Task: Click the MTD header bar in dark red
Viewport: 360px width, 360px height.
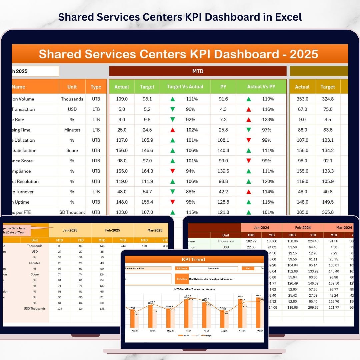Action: (x=198, y=71)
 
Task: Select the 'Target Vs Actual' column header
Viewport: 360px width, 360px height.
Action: (x=185, y=87)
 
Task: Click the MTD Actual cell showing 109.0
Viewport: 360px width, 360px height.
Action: (x=122, y=99)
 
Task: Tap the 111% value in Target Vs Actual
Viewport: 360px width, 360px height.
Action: (x=192, y=99)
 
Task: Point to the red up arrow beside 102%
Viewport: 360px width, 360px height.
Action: (x=172, y=130)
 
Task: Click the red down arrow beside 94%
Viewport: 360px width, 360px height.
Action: (x=172, y=171)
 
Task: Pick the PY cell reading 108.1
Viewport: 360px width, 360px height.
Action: (x=223, y=140)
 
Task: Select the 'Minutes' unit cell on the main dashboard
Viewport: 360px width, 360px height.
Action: (x=72, y=130)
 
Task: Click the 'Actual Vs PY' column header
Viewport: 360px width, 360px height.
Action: (x=261, y=87)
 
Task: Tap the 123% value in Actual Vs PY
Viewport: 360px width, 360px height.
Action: (x=268, y=120)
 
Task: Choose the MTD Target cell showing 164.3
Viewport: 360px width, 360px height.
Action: (x=147, y=171)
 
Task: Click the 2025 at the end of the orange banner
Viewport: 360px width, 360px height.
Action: (x=304, y=54)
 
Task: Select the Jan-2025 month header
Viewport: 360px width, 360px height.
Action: (x=70, y=230)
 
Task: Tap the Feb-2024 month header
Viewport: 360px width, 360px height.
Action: (x=303, y=228)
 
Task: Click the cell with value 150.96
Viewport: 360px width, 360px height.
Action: (x=292, y=241)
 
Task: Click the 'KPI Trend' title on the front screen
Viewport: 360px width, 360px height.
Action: (x=193, y=259)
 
